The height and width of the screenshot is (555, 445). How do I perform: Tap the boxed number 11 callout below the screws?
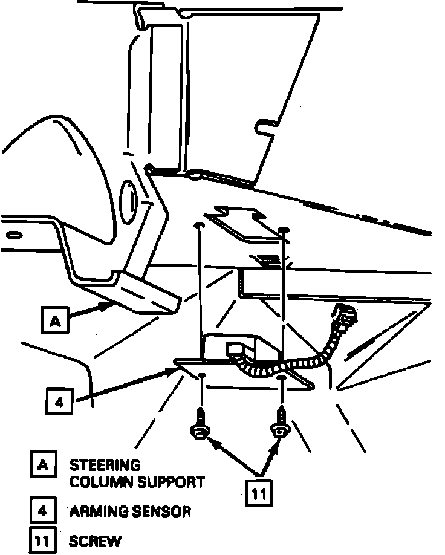tap(259, 493)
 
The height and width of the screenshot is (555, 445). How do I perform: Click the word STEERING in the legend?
tap(105, 466)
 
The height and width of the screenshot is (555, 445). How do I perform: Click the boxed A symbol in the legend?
tap(42, 466)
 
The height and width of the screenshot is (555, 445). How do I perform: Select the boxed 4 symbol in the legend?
tap(42, 511)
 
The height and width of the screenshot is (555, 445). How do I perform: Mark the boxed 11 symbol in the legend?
tap(42, 540)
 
